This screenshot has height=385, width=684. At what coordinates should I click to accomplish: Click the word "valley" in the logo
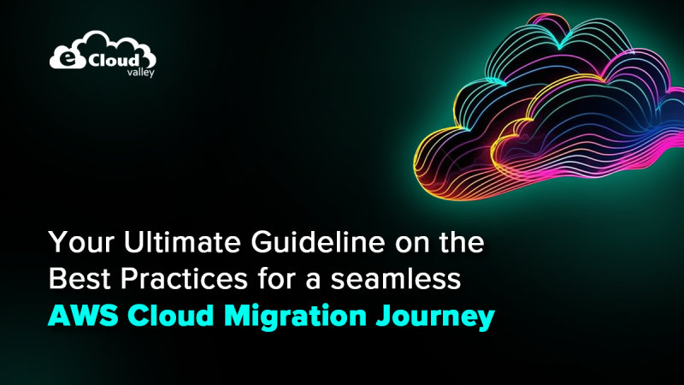click(x=133, y=74)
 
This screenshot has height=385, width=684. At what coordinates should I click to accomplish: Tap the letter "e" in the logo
click(x=62, y=58)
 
